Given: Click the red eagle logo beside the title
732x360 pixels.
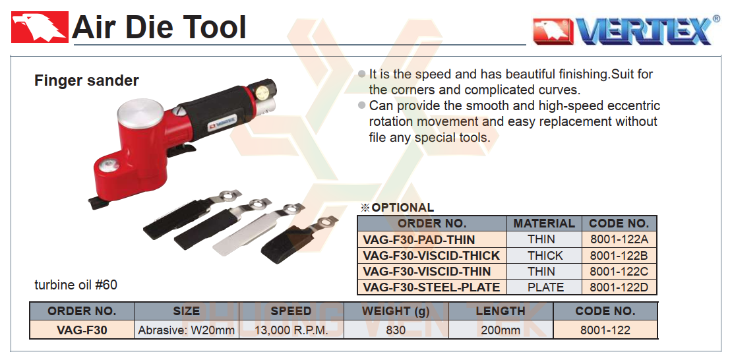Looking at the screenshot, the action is pyautogui.click(x=40, y=26).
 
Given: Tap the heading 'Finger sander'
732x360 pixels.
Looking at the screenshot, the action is pyautogui.click(x=86, y=81).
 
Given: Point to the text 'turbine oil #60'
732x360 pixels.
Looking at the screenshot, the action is pyautogui.click(x=76, y=284).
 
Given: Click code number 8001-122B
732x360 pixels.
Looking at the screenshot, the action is pyautogui.click(x=619, y=255).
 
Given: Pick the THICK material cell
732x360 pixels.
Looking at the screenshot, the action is pyautogui.click(x=544, y=255).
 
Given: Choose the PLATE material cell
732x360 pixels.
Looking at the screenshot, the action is pyautogui.click(x=544, y=287).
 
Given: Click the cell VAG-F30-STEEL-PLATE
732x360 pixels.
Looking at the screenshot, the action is pyautogui.click(x=432, y=287).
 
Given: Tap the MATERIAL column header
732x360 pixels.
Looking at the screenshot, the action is pyautogui.click(x=544, y=224).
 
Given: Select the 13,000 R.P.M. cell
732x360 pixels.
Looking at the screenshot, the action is pyautogui.click(x=291, y=330).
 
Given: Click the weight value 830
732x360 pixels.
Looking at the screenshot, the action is pyautogui.click(x=396, y=330).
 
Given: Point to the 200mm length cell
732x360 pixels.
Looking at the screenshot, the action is pyautogui.click(x=501, y=330).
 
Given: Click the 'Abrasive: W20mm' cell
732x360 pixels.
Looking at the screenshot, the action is pyautogui.click(x=186, y=330).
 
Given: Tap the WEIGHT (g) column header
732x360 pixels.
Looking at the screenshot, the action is pyautogui.click(x=396, y=311).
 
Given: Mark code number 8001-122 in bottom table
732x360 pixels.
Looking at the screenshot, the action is pyautogui.click(x=605, y=330).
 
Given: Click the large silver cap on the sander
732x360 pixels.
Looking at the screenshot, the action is pyautogui.click(x=140, y=111).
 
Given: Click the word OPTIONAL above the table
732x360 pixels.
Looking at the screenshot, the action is pyautogui.click(x=403, y=208).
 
